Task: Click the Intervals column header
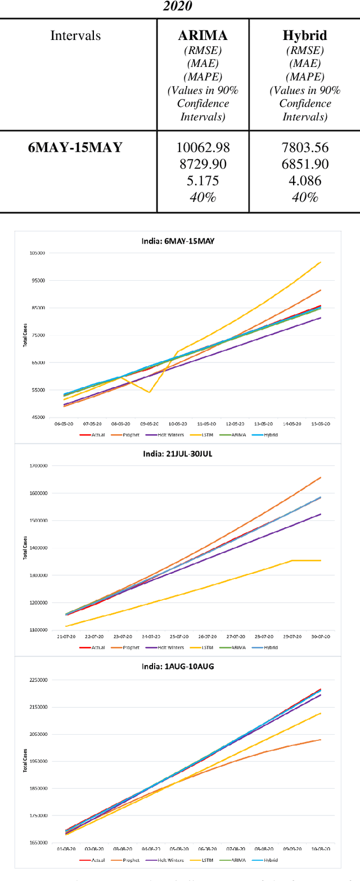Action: point(76,35)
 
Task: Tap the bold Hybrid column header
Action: point(304,35)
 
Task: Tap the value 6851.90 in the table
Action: point(304,165)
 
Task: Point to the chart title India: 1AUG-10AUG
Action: point(179,667)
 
